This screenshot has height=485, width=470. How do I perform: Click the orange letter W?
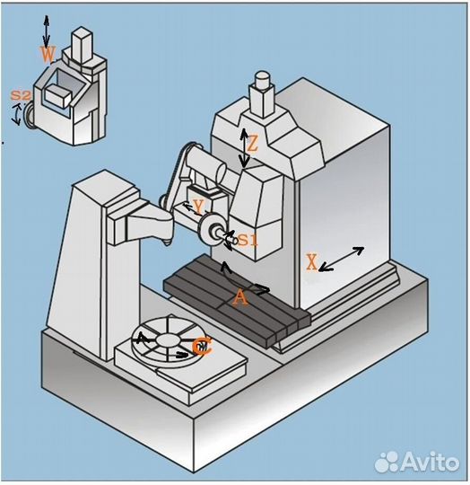[x=48, y=55]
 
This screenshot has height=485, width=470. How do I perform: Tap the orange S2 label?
[x=21, y=95]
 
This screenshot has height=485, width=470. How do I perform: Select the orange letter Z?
[x=252, y=144]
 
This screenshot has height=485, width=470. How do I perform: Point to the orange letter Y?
[x=198, y=207]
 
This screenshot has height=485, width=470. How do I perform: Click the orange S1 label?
[x=248, y=240]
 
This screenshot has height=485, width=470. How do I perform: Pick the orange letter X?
[x=312, y=262]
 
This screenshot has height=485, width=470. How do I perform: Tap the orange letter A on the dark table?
[x=240, y=299]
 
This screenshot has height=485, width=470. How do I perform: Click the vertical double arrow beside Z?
[x=244, y=148]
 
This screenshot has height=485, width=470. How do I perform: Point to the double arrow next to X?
[x=341, y=260]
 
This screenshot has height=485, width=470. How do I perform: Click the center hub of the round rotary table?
[x=168, y=340]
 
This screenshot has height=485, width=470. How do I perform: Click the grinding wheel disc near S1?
[x=206, y=231]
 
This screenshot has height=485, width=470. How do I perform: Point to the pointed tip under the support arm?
[x=167, y=244]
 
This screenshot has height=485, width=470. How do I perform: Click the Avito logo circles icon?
[x=387, y=462]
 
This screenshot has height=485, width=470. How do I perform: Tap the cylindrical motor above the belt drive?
[x=206, y=166]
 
